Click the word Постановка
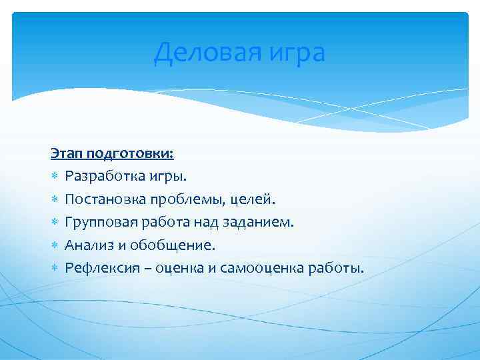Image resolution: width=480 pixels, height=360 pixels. [107, 199]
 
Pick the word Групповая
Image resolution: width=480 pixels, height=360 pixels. [101, 222]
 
